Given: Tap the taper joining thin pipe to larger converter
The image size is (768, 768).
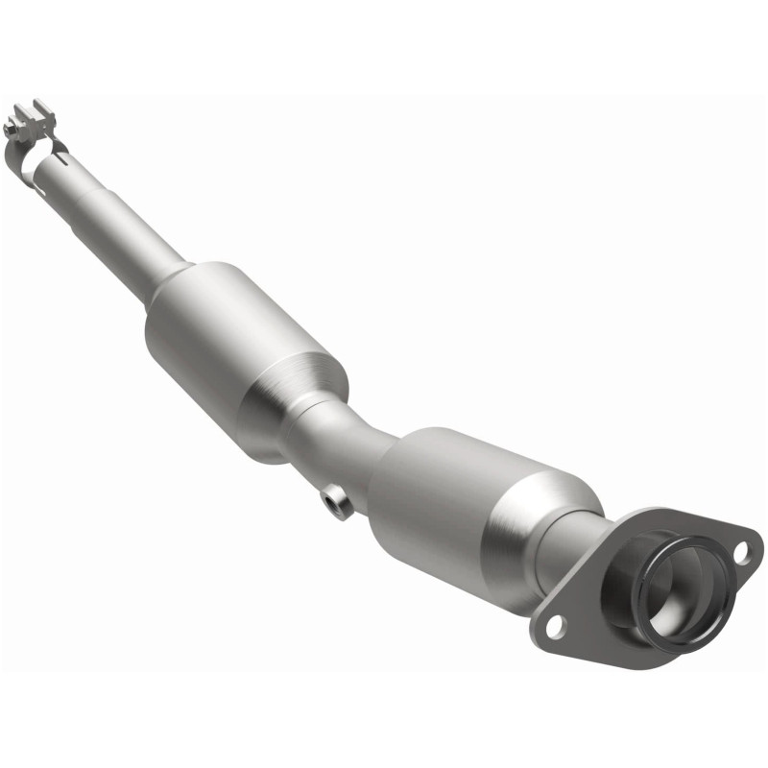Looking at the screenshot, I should coord(171,278).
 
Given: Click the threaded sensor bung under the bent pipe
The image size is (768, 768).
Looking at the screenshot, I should coord(337,500).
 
